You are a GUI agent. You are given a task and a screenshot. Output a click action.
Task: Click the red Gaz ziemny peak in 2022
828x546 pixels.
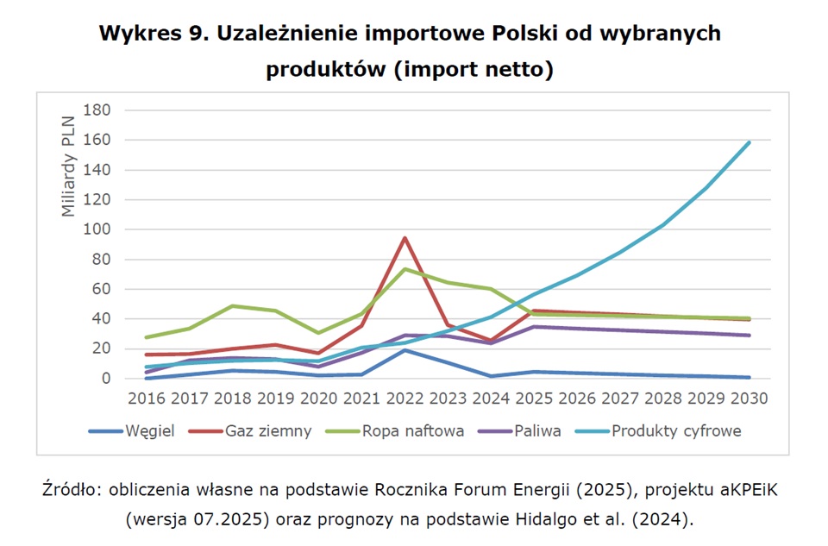pyautogui.click(x=404, y=238)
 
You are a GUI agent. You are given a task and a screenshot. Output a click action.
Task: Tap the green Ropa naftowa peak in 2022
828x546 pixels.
pyautogui.click(x=404, y=269)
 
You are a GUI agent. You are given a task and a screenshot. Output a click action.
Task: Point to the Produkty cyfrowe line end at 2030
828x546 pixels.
pyautogui.click(x=749, y=142)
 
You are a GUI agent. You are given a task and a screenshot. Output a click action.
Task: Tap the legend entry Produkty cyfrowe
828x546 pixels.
pyautogui.click(x=676, y=431)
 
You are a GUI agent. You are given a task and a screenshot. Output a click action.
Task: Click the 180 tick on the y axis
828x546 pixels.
pyautogui.click(x=97, y=110)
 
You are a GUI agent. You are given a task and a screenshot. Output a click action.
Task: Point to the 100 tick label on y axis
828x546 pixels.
pyautogui.click(x=97, y=229)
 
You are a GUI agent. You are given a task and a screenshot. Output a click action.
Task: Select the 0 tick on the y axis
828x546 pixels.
pyautogui.click(x=106, y=379)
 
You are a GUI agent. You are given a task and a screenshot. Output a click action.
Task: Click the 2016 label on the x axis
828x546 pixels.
pyautogui.click(x=146, y=399)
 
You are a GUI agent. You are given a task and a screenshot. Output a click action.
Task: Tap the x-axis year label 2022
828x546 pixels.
pyautogui.click(x=404, y=399)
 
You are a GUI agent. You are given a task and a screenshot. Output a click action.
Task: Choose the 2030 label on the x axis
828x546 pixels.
pyautogui.click(x=748, y=399)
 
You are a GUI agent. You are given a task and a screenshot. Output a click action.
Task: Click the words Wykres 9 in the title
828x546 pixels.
pyautogui.click(x=152, y=34)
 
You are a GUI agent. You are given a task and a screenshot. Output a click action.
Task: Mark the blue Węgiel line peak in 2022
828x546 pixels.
pyautogui.click(x=404, y=350)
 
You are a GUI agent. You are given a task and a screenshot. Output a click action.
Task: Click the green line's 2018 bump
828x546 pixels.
pyautogui.click(x=232, y=306)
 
